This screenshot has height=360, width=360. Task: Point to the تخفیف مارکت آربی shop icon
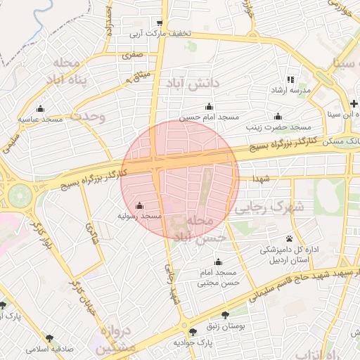click(160, 22)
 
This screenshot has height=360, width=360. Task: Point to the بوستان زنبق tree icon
click(225, 314)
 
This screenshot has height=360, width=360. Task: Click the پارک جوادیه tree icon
click(193, 331)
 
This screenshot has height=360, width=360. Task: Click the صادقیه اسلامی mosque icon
click(50, 337)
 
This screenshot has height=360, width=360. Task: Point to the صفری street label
click(131, 54)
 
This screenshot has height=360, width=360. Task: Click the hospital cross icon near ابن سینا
click(355, 103)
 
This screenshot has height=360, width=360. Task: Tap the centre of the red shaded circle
click(180, 179)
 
